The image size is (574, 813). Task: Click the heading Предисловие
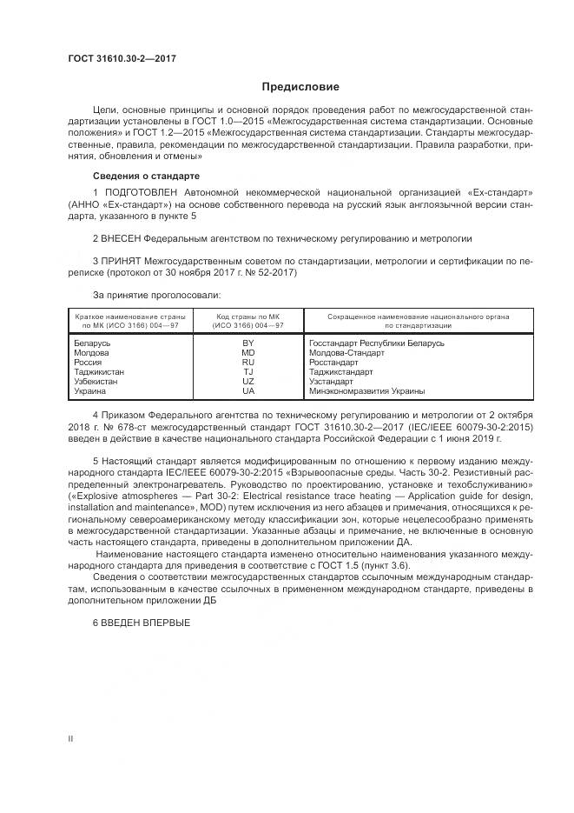click(300, 87)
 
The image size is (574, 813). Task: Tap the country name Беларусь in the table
click(93, 343)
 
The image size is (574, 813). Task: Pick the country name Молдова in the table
click(92, 353)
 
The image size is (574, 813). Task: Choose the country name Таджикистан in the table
click(99, 372)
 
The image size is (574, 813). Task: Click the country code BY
click(248, 343)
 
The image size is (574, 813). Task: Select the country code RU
click(248, 363)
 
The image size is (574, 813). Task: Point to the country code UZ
click(248, 382)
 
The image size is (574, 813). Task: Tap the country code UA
click(248, 391)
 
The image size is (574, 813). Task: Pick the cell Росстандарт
click(333, 363)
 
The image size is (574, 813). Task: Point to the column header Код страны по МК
click(248, 316)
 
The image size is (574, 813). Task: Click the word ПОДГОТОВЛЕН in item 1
click(143, 191)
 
